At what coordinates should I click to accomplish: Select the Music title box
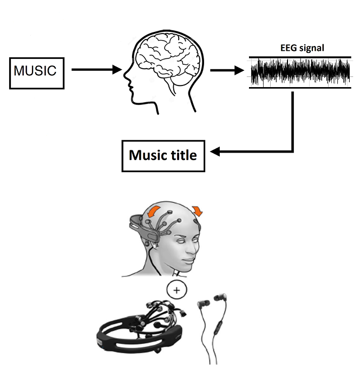point(162,155)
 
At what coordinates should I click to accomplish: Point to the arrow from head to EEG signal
point(226,70)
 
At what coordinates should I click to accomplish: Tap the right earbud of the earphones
point(222,299)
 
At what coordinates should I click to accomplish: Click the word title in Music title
point(181,155)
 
